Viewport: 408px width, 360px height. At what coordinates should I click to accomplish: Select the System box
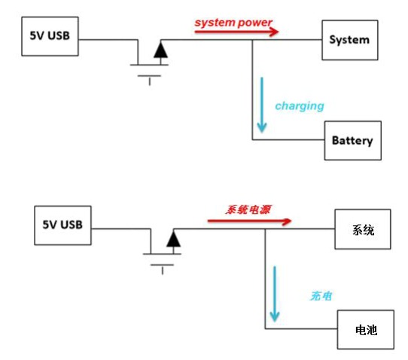coord(349,39)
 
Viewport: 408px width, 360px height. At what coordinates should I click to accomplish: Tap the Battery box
coord(352,141)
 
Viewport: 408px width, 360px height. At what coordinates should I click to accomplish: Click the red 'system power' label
coord(233,23)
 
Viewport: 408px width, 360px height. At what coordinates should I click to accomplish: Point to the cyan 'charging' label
coord(299,106)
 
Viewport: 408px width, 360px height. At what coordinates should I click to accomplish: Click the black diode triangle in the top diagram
coord(160,50)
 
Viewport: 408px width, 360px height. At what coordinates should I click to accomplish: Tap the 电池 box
coord(366,329)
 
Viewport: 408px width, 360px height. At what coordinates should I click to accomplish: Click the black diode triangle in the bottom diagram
coord(173,239)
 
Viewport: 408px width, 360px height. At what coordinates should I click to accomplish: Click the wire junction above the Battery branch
coord(252,41)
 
